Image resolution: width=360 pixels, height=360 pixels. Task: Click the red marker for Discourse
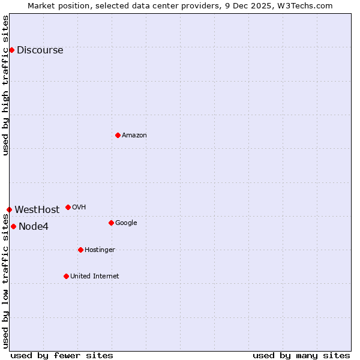click(x=11, y=50)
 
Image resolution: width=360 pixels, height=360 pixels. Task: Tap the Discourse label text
click(x=40, y=50)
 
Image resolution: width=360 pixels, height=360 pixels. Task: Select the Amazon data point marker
click(x=118, y=135)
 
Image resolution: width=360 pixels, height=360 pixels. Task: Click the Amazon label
click(x=134, y=136)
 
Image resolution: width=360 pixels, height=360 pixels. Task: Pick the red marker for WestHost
click(x=9, y=209)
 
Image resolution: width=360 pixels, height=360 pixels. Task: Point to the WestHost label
click(x=37, y=210)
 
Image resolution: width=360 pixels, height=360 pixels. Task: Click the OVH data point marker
click(x=68, y=207)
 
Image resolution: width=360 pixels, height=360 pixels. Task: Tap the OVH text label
click(x=79, y=208)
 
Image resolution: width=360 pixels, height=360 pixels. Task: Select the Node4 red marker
click(x=13, y=226)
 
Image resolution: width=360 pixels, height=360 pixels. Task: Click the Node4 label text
click(x=34, y=227)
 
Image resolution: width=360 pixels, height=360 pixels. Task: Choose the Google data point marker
click(x=111, y=223)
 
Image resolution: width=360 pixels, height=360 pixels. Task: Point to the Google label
click(x=126, y=223)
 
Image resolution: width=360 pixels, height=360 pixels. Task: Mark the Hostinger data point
click(x=80, y=250)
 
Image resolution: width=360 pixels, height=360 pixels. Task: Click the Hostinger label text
click(x=100, y=250)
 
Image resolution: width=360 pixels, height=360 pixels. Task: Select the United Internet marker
click(x=66, y=276)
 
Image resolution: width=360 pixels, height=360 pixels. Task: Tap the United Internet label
click(x=94, y=277)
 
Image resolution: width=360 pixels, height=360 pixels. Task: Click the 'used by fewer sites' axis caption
click(x=62, y=356)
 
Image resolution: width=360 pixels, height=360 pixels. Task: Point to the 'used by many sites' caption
click(x=301, y=356)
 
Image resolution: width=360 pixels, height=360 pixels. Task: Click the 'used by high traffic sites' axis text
click(x=5, y=85)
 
